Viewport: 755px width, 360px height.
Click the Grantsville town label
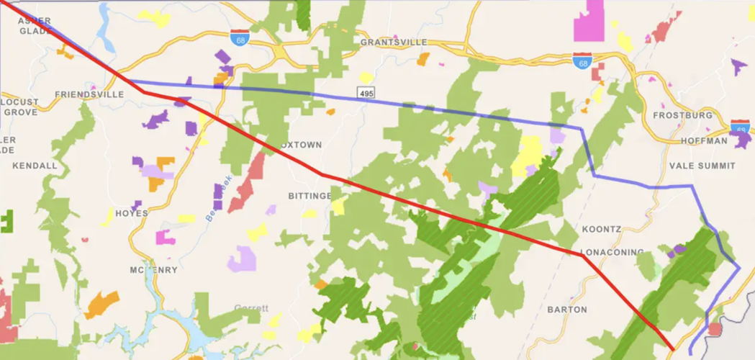394,42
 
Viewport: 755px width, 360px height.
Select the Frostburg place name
682,115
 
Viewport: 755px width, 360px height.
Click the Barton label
567,310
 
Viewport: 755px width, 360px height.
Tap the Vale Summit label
702,166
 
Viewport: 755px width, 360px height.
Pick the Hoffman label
703,141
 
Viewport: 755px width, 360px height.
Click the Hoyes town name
131,213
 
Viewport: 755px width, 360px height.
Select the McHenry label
153,270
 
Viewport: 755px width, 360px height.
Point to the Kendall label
35,166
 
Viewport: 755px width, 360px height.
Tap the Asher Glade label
34,26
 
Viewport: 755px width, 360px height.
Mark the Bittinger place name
309,196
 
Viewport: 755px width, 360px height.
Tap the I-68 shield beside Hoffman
741,127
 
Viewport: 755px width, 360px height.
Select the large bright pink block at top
591,22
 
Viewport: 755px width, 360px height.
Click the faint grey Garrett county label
250,308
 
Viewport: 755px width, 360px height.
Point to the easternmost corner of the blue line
739,269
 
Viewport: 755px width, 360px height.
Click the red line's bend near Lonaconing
582,255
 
